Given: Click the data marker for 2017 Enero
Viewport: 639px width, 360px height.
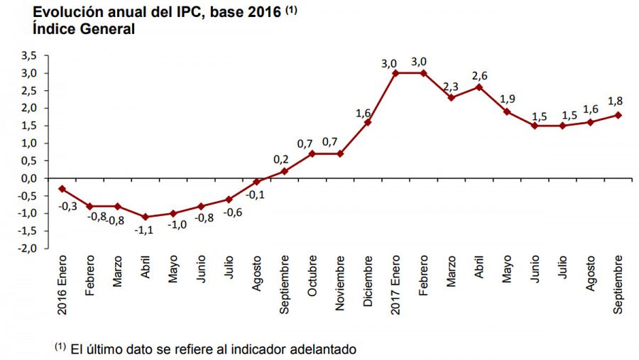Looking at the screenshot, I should [x=395, y=73].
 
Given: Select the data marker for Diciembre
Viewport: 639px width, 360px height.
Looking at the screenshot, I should [x=368, y=122].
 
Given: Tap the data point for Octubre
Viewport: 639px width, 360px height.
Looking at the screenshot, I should [x=312, y=153].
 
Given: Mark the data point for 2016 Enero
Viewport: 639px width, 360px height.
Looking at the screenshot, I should [x=62, y=188].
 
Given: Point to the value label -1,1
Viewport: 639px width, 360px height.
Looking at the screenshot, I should [x=145, y=230].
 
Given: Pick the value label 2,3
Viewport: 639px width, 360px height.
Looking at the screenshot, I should [x=452, y=85].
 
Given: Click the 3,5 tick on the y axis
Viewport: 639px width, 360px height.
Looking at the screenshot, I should [x=28, y=55].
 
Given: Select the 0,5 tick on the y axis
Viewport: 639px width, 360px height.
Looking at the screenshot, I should [x=28, y=160].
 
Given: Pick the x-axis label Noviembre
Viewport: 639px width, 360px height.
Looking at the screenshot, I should [x=340, y=282].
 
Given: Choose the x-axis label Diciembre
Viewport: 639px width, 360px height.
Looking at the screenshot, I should [x=368, y=282].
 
